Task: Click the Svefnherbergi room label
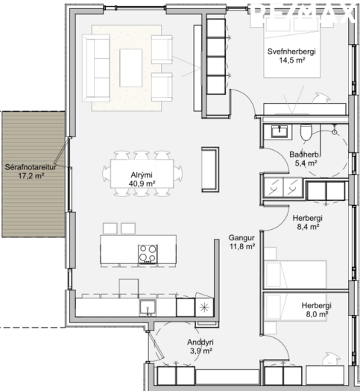point(291,51)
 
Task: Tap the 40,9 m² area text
point(142,184)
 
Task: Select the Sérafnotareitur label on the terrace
point(31,167)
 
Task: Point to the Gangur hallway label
point(241,237)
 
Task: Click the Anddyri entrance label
point(200,342)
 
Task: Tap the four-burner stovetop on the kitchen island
point(148,254)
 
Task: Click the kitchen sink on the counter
point(148,307)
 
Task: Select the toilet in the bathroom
point(306,132)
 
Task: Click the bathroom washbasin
point(280,131)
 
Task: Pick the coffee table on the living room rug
point(130,68)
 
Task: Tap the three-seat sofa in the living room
point(96,68)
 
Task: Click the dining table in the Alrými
point(142,174)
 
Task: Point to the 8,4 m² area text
point(308,227)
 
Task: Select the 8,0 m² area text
point(317,314)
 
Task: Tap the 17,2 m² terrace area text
point(31,176)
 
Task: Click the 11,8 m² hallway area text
point(242,247)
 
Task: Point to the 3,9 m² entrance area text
point(200,351)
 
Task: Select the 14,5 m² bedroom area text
point(292,60)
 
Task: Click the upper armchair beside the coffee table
point(162,49)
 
